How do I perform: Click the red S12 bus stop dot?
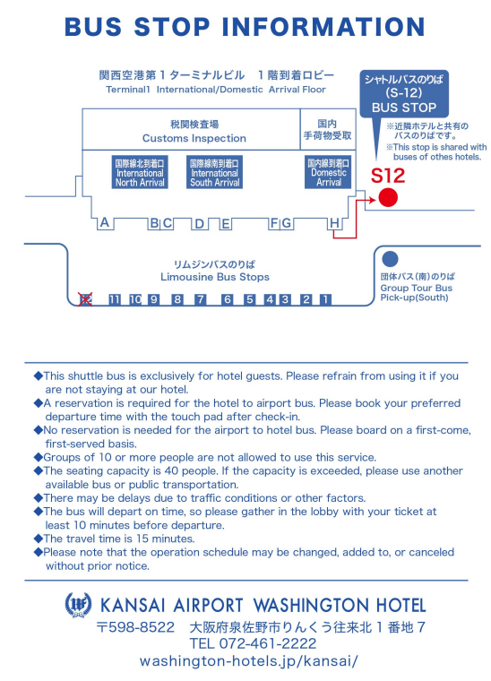click(x=388, y=198)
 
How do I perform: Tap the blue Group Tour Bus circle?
click(x=390, y=259)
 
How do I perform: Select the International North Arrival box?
click(x=140, y=172)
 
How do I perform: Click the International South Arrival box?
click(x=214, y=172)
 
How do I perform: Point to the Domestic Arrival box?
click(x=328, y=172)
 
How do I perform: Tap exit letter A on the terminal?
click(x=105, y=223)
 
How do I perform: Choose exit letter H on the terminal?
click(x=334, y=223)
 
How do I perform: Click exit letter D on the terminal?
click(x=199, y=224)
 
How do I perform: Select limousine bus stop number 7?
click(x=200, y=299)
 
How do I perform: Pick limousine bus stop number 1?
click(x=325, y=299)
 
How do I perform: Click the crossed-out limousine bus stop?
click(x=85, y=299)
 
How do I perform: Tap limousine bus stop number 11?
click(x=115, y=299)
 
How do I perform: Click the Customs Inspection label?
click(x=194, y=138)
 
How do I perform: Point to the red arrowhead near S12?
click(x=372, y=200)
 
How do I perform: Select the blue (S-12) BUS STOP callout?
click(x=404, y=94)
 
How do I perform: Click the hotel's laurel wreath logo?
click(x=78, y=605)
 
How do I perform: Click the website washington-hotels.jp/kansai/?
click(x=249, y=661)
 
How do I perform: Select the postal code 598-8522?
click(x=135, y=627)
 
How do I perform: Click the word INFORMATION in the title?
click(x=323, y=27)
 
